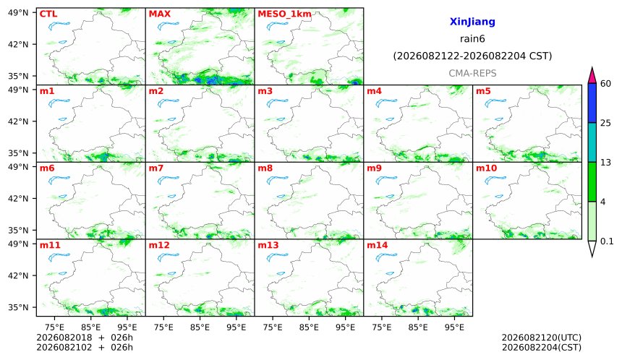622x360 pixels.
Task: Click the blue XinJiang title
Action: click(472, 22)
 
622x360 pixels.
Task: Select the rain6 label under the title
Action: click(472, 39)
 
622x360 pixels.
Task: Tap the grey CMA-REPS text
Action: click(472, 73)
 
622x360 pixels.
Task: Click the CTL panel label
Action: click(48, 14)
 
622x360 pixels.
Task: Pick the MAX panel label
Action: click(159, 14)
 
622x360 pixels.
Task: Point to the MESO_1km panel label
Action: click(284, 14)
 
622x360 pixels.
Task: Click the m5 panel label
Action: click(483, 91)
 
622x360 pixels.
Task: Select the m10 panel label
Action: click(486, 168)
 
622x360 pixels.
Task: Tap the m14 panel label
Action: click(377, 245)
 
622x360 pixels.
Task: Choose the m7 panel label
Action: click(156, 168)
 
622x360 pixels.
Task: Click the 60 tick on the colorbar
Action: click(605, 84)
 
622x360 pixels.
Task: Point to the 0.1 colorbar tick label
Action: click(607, 241)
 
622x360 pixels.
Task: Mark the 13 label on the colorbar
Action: click(605, 162)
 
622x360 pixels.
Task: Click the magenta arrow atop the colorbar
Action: click(592, 75)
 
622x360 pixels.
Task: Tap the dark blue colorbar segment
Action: click(592, 103)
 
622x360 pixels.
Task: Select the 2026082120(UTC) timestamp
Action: click(542, 338)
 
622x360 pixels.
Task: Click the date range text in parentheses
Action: click(472, 56)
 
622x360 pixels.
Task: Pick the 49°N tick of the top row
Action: click(18, 13)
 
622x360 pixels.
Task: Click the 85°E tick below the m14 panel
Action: click(418, 327)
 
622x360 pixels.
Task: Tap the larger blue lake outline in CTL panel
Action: click(59, 26)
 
